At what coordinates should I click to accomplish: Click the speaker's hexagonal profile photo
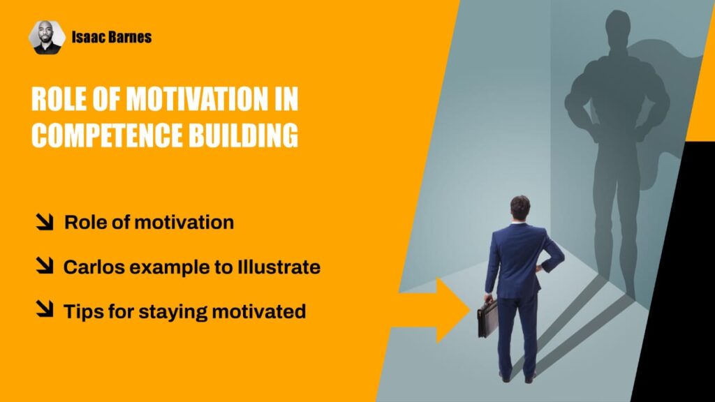click(x=47, y=38)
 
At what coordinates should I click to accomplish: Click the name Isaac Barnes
click(x=112, y=38)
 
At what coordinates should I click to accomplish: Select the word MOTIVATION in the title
click(x=197, y=98)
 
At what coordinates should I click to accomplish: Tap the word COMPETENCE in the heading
click(x=107, y=135)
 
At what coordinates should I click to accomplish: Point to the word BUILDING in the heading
click(x=244, y=135)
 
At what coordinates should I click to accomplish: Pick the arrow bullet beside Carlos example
click(x=45, y=266)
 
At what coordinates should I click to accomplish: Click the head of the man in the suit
click(x=519, y=208)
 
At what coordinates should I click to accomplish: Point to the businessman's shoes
click(x=517, y=377)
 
